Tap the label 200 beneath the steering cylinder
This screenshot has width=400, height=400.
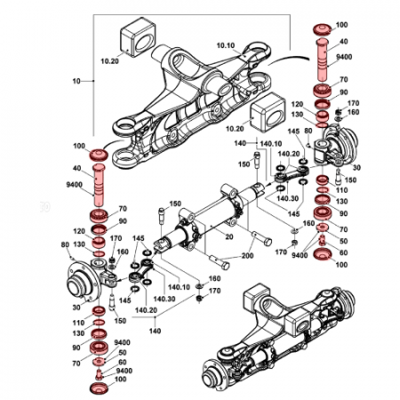point(246,256)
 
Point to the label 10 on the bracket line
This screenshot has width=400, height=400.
point(76,81)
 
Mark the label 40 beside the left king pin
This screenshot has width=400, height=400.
point(76,170)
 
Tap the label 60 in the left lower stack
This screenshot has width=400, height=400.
point(123,363)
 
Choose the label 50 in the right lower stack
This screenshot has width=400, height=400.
point(343,240)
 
